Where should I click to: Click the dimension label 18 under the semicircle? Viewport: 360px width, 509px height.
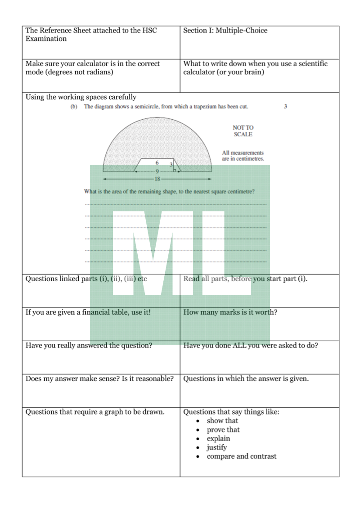click(x=157, y=178)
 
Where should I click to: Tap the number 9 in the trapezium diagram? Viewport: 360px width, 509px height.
click(x=157, y=171)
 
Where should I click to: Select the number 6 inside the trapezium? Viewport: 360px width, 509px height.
click(x=157, y=162)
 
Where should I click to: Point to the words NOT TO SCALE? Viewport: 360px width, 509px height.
click(x=243, y=131)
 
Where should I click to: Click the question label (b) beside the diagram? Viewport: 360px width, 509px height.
click(x=74, y=107)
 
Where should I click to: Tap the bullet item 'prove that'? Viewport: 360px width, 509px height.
click(x=223, y=430)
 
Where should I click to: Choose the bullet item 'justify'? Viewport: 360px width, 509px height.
click(x=217, y=447)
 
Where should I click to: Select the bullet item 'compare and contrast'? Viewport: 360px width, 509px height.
click(x=242, y=456)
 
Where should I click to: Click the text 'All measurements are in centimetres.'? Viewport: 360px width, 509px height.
click(x=243, y=156)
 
